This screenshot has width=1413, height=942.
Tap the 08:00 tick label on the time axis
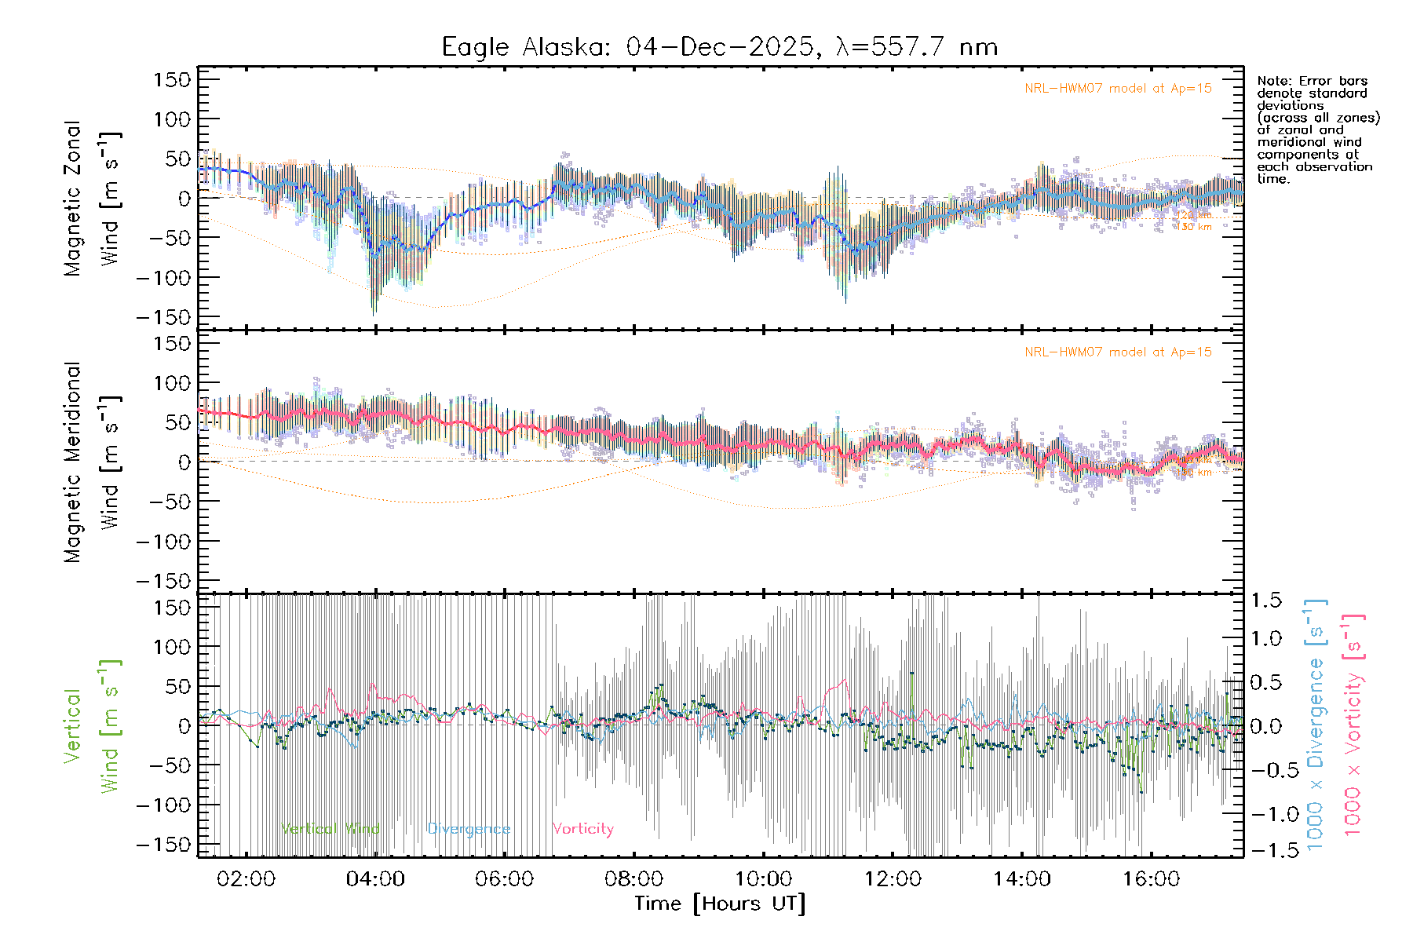pyautogui.click(x=633, y=878)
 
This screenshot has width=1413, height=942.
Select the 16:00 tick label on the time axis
pyautogui.click(x=1151, y=878)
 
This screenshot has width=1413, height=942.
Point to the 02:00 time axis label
pyautogui.click(x=246, y=878)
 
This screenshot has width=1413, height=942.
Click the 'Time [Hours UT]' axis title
pyautogui.click(x=720, y=904)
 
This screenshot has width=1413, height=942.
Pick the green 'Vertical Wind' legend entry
pyautogui.click(x=330, y=829)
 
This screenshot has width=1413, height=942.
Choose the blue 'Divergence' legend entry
pyautogui.click(x=469, y=829)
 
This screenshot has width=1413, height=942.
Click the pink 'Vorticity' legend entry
pyautogui.click(x=582, y=829)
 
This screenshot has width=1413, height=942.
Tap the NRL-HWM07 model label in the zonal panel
pyautogui.click(x=1118, y=89)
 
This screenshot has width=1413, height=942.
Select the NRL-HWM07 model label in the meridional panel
pyautogui.click(x=1118, y=352)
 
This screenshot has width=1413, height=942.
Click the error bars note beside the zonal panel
pyautogui.click(x=1317, y=130)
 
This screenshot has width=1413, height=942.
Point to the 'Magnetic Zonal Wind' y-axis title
pyautogui.click(x=93, y=199)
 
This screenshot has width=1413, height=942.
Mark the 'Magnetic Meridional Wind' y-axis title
pyautogui.click(x=93, y=462)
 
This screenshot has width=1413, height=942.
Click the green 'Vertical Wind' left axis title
pyautogui.click(x=93, y=726)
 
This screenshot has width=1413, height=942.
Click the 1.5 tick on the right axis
pyautogui.click(x=1265, y=601)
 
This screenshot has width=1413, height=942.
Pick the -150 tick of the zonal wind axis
pyautogui.click(x=163, y=317)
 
